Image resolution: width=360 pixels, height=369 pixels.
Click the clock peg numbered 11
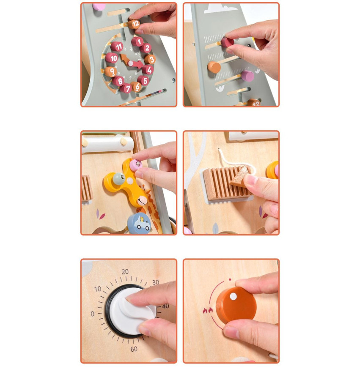117,46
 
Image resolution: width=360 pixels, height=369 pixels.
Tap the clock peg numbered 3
150,59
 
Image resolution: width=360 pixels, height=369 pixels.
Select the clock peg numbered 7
126,88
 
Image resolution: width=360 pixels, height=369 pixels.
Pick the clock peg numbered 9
110,71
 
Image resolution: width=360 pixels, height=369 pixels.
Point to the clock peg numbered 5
143,80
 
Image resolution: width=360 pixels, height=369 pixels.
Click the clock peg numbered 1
137,42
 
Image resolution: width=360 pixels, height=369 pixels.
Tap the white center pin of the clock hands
131,63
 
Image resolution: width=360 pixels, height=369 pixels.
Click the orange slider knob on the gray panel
214,67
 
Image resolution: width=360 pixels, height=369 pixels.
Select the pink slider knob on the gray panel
247,76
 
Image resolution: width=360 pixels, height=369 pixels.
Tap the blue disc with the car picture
139,224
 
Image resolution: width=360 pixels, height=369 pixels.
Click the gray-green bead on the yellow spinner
118,179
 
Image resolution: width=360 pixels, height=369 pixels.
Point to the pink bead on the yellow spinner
136,165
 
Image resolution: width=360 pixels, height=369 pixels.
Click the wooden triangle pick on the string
240,177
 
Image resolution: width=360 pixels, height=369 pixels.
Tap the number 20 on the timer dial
125,272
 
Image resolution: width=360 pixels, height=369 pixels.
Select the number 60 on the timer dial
134,349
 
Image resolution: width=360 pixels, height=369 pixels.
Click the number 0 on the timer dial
92,314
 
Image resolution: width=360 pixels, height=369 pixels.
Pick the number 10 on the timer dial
98,289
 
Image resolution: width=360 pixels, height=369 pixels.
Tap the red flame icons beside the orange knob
208,310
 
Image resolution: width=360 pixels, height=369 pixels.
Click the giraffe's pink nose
142,201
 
